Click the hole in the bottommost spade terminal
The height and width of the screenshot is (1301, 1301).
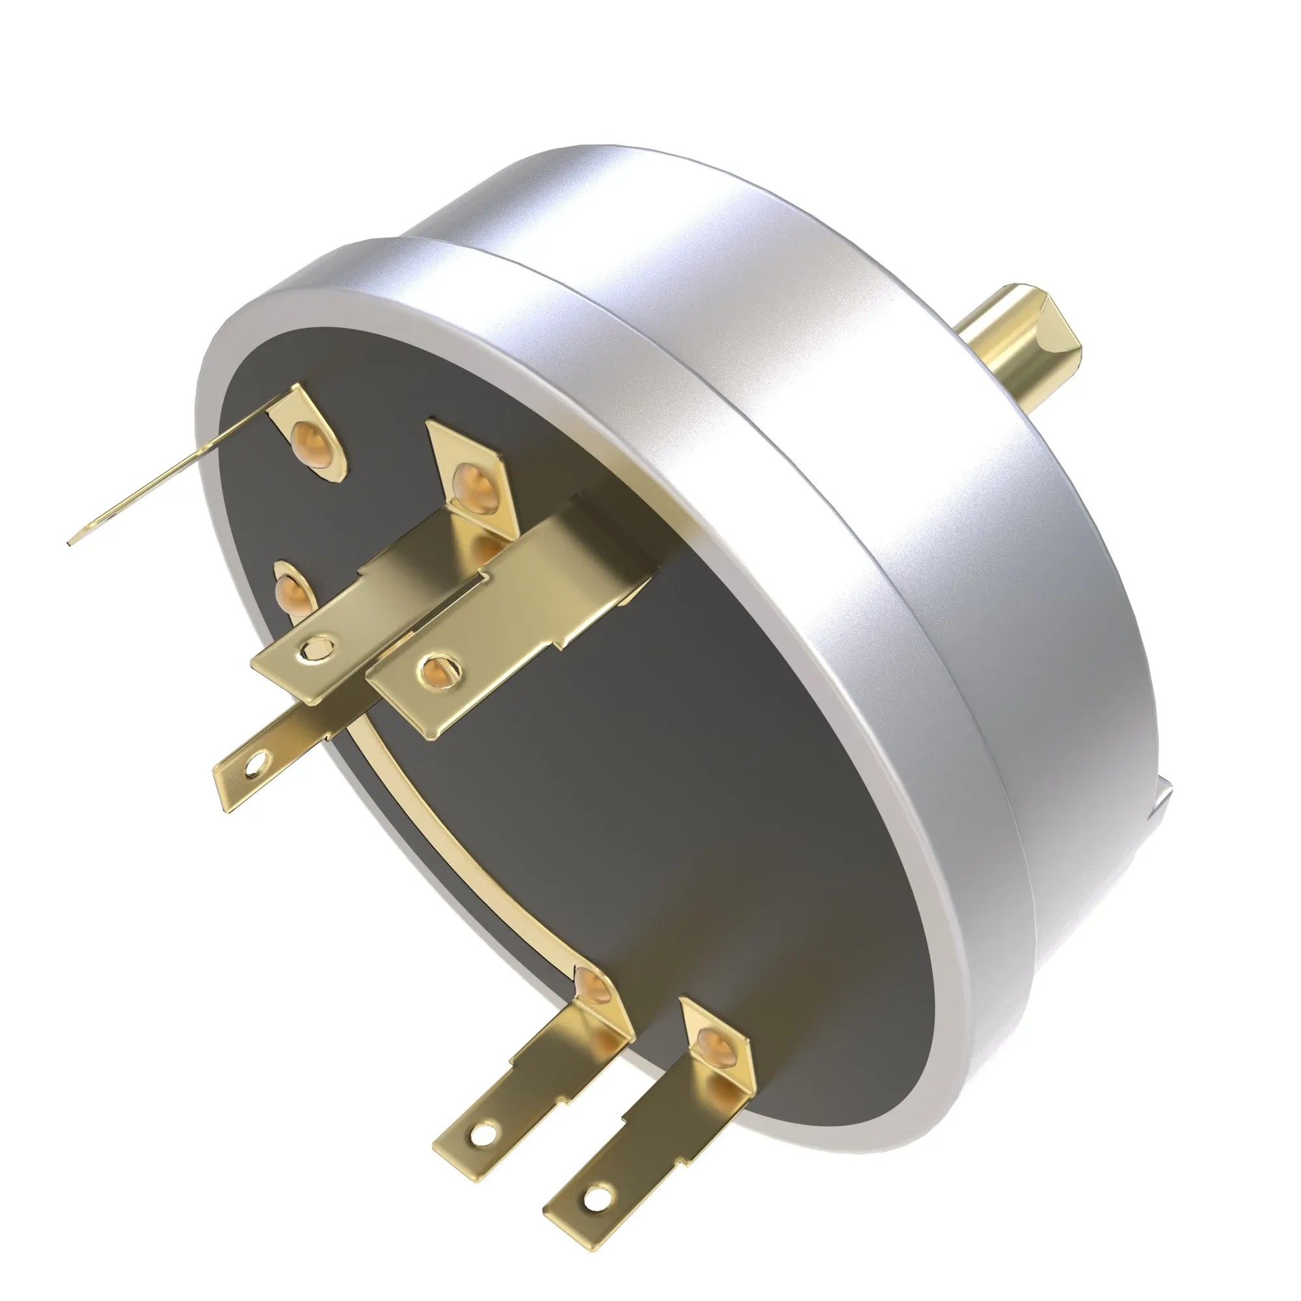tap(595, 1216)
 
